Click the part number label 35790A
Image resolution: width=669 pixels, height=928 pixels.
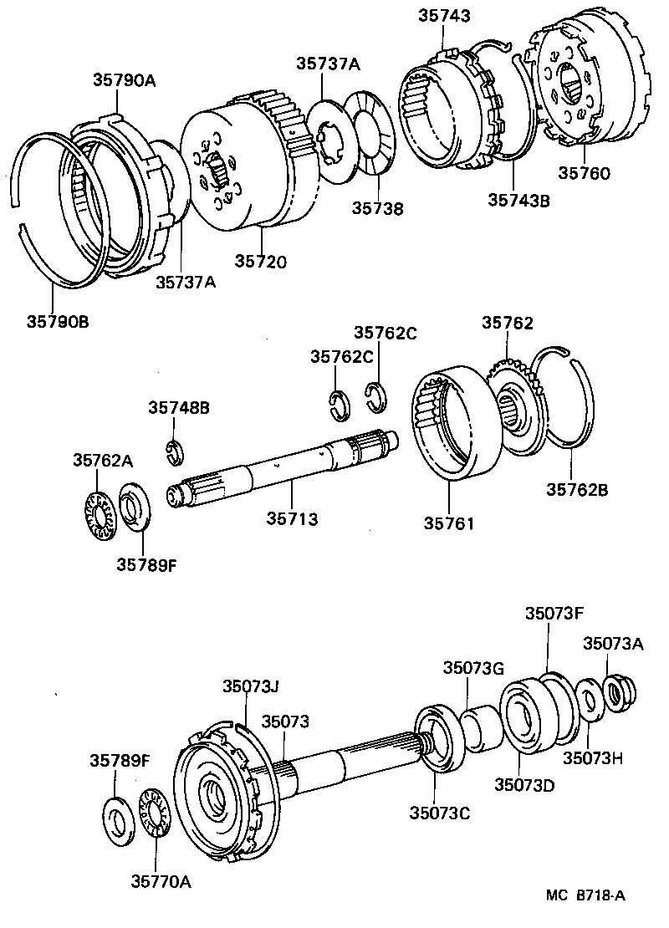(x=125, y=80)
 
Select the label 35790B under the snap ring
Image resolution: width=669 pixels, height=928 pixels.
(x=58, y=320)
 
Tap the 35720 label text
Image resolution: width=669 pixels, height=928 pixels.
(x=260, y=262)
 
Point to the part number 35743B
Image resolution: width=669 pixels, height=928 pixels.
(x=518, y=200)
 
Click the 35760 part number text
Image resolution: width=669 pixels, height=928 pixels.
(x=585, y=174)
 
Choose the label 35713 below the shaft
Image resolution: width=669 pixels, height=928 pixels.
(x=293, y=519)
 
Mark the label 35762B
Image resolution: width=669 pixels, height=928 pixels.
(x=578, y=490)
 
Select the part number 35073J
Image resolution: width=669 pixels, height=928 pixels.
(x=250, y=686)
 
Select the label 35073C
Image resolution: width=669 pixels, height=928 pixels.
(x=438, y=813)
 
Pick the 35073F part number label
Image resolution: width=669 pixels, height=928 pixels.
(x=554, y=612)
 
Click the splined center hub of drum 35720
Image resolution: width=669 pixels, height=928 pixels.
(x=218, y=171)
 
